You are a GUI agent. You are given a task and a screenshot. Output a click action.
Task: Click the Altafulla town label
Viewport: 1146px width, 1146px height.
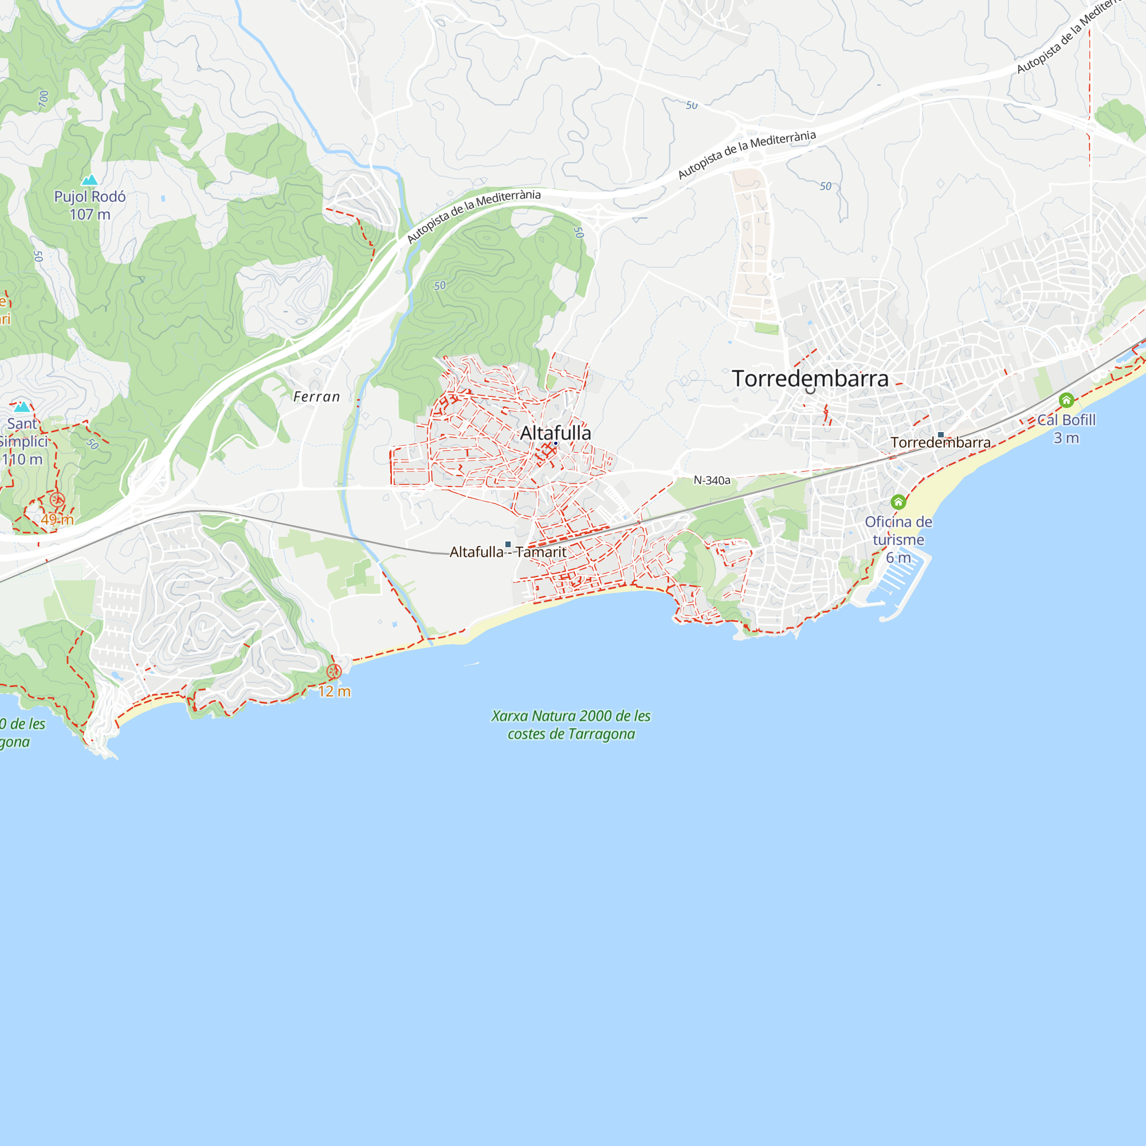coord(555,433)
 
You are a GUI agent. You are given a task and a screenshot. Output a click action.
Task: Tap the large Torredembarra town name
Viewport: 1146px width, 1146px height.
coord(810,378)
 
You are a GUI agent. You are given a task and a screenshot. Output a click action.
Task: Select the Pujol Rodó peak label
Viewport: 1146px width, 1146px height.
coord(90,197)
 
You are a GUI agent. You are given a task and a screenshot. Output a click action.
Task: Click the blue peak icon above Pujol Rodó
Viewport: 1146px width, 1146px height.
coord(89,179)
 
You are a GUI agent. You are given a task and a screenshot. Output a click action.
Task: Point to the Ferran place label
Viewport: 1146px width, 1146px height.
coord(317,397)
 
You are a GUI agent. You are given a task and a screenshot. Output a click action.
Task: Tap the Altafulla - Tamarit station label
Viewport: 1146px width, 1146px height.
coord(508,552)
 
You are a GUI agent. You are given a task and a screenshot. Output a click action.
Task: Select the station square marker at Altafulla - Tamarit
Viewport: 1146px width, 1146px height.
coord(508,544)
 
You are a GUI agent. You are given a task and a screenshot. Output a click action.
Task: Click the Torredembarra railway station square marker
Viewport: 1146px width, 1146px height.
coord(941,435)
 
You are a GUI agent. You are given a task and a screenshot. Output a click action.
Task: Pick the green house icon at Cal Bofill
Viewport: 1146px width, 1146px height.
coord(1066,401)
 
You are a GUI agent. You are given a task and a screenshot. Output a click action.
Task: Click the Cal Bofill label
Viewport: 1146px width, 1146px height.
coord(1066,420)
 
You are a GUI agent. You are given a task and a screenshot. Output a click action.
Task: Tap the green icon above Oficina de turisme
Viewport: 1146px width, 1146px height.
coord(898,503)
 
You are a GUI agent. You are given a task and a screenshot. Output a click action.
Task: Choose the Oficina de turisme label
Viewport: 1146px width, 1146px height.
coord(898,531)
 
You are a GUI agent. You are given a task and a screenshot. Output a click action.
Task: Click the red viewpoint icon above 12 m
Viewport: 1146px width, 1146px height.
coord(334,672)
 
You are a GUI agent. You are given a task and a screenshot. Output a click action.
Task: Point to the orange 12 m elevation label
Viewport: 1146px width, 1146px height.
coord(335,691)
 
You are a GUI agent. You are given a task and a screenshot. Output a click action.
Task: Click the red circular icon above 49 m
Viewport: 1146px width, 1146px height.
coord(57,500)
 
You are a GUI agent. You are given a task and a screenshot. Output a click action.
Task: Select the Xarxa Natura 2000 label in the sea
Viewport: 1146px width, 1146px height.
coord(571,725)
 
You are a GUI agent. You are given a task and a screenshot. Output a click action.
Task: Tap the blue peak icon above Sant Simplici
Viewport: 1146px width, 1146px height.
coord(22,407)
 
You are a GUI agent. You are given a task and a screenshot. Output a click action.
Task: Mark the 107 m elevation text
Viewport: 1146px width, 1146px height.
coord(90,215)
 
